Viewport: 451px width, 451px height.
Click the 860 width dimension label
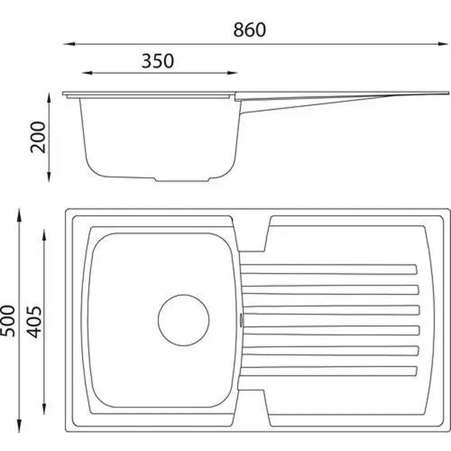click(x=249, y=30)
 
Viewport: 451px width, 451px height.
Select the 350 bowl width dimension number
click(x=158, y=61)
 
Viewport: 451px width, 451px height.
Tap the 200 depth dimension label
click(x=38, y=137)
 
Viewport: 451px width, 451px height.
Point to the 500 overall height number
click(x=7, y=321)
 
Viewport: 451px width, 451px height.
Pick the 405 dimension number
click(x=34, y=322)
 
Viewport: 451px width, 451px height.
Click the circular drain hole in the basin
click(x=184, y=320)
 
